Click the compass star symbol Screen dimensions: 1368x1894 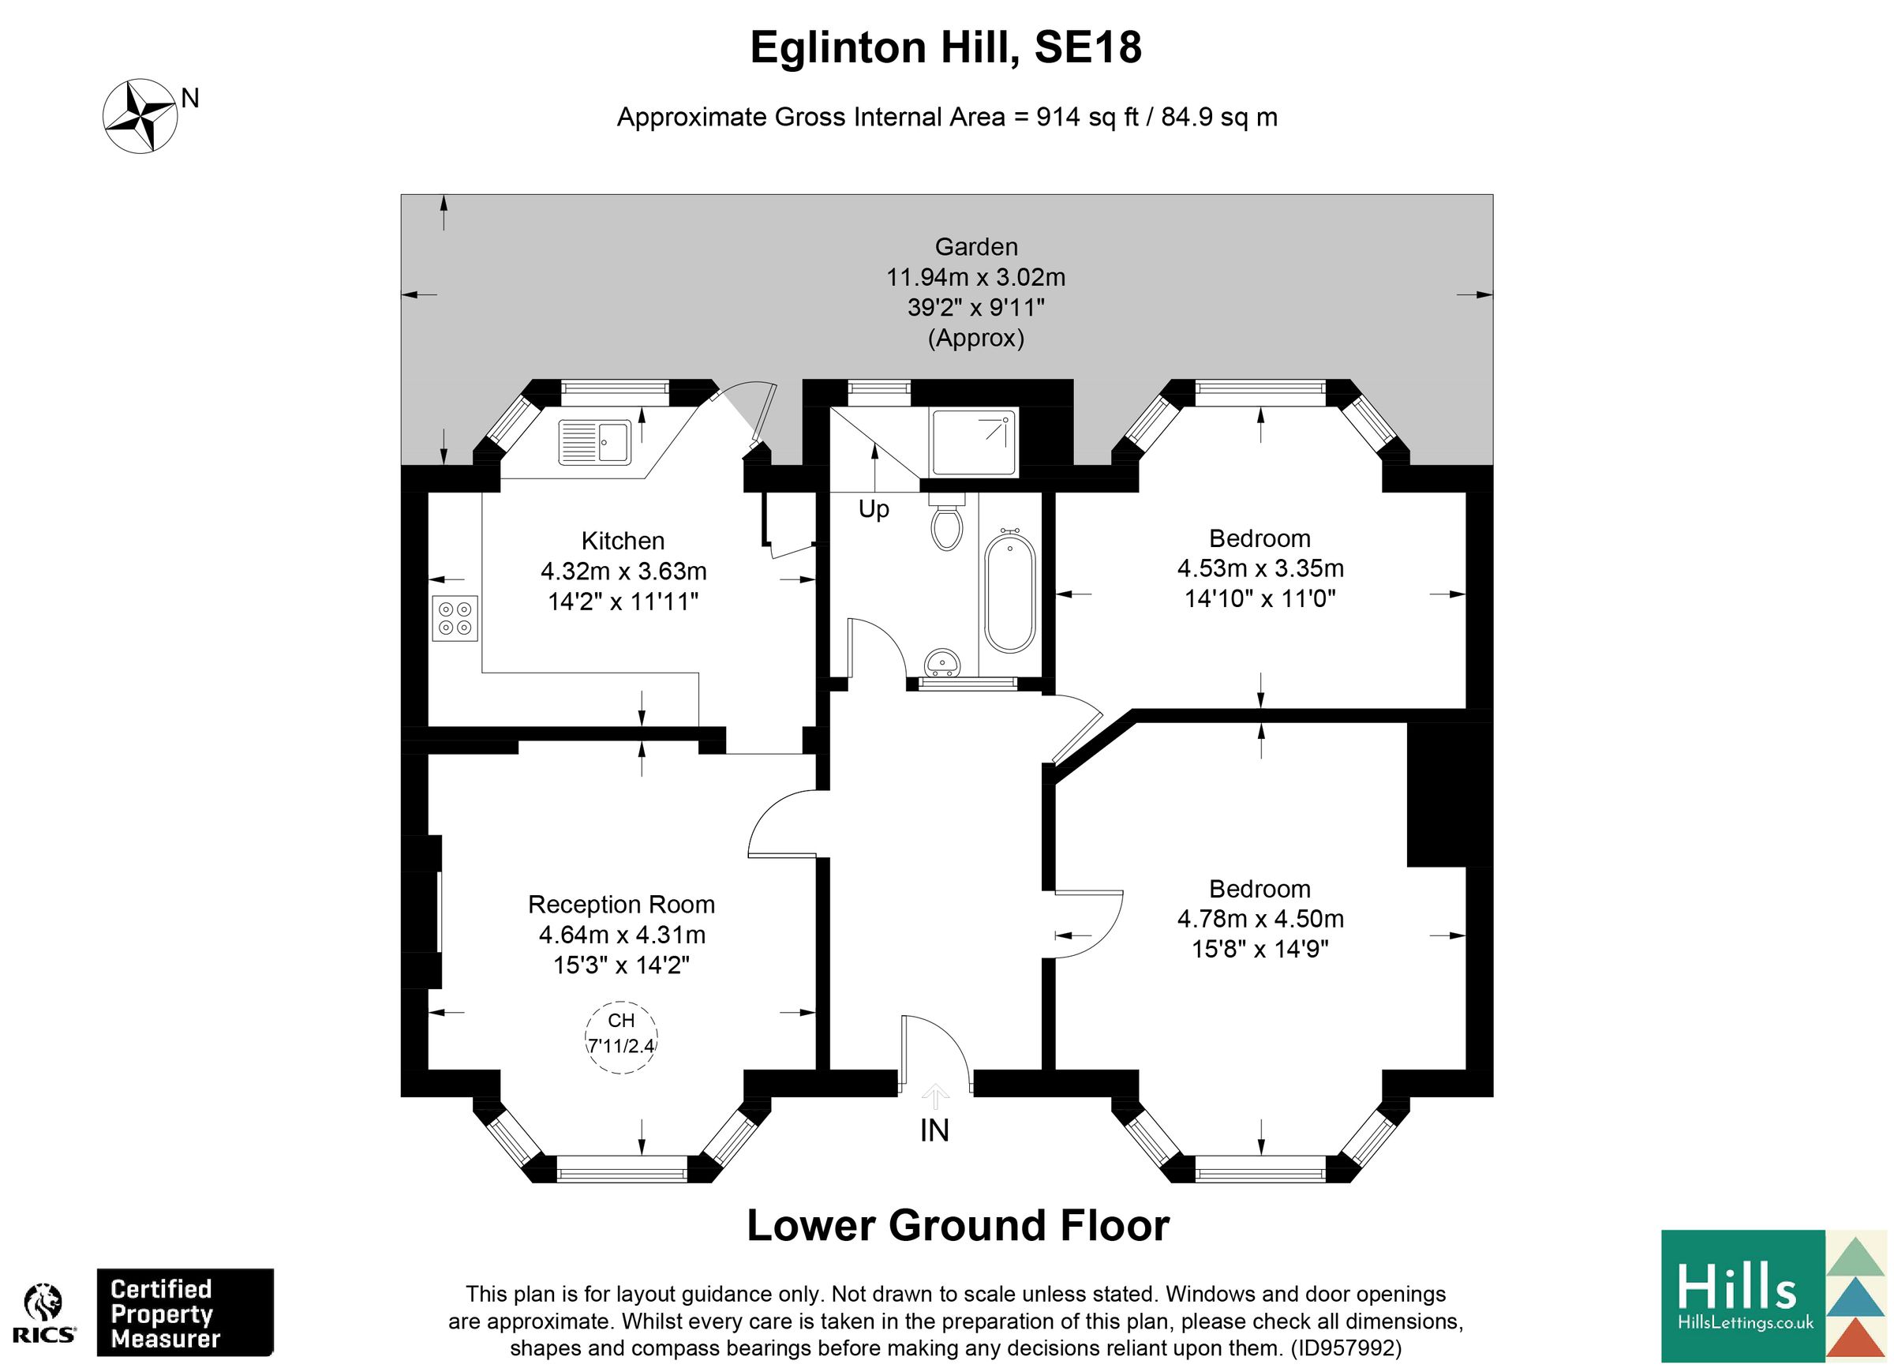click(x=140, y=115)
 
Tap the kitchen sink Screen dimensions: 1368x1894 click(x=594, y=441)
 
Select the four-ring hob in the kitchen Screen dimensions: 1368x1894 click(x=455, y=618)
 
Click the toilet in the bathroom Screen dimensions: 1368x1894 click(x=946, y=524)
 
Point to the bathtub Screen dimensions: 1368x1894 click(x=1009, y=593)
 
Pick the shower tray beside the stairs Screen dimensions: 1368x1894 click(x=974, y=442)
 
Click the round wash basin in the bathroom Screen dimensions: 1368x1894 click(x=943, y=663)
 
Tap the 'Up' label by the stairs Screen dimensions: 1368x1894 click(x=874, y=508)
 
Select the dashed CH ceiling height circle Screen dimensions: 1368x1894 click(x=621, y=1036)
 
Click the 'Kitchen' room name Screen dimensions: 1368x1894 click(x=623, y=541)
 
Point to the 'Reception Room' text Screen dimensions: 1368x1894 click(x=621, y=904)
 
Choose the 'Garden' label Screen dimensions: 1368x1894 click(x=975, y=246)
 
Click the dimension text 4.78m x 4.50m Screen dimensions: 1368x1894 click(x=1260, y=919)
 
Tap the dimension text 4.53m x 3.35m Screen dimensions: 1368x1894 click(x=1260, y=568)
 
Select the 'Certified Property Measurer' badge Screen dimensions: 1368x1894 click(x=185, y=1314)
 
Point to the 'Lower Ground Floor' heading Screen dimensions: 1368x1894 click(x=958, y=1225)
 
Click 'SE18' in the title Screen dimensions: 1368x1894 click(x=1087, y=47)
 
